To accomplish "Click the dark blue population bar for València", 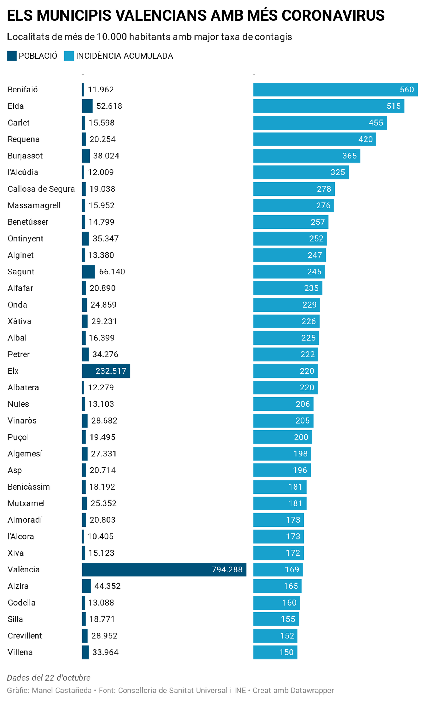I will point(164,569).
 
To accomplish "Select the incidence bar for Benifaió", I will point(335,90).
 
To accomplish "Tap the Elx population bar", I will point(106,371).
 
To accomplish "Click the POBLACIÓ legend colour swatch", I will point(12,56).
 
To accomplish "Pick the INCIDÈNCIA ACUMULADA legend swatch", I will point(69,56).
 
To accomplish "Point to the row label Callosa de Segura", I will point(41,189).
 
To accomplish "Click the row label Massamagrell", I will point(34,205).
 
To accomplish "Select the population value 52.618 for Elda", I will point(109,106).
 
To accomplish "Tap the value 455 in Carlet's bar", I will point(376,123).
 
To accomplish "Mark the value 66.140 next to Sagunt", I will point(112,272).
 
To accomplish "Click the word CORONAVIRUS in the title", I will point(333,15).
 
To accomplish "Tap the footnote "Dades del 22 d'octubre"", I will point(49,678).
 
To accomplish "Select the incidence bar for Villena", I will point(275,652).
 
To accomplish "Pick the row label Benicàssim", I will point(29,487).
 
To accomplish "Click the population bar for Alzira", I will point(87,586).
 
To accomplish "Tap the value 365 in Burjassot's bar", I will point(349,156).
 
